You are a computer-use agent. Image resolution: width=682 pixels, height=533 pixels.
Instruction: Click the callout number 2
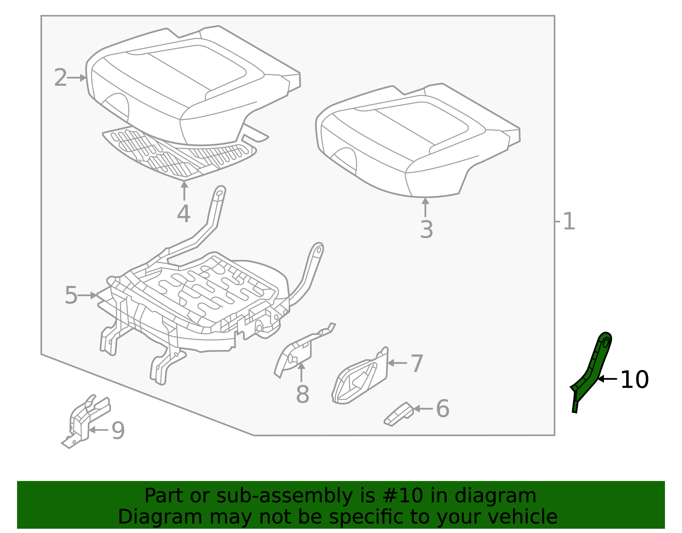pos(61,78)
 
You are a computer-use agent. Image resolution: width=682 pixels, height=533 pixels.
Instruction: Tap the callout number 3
pos(426,230)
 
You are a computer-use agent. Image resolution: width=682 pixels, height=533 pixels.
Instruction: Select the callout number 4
pos(183,214)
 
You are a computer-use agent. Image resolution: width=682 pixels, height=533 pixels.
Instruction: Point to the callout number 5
pos(71,295)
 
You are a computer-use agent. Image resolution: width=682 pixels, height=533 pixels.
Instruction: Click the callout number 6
pos(442,409)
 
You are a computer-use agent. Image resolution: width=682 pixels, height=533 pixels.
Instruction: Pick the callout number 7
pos(416,364)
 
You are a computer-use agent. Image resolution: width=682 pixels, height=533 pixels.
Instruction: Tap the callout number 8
pos(302,394)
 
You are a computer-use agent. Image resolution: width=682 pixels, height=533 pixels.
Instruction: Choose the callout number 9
pos(118,430)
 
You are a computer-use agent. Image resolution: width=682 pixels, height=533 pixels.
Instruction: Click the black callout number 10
pos(634,379)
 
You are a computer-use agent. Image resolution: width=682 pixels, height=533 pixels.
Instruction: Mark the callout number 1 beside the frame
pos(569,222)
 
